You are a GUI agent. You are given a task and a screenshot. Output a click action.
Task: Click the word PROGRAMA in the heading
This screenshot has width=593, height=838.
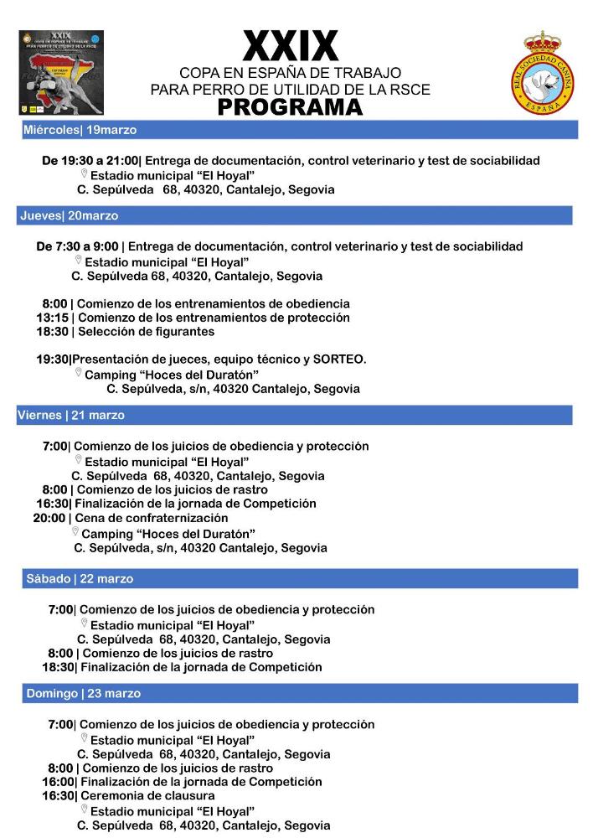coord(290,107)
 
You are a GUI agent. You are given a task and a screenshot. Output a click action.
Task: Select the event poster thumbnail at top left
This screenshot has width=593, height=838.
coord(62,74)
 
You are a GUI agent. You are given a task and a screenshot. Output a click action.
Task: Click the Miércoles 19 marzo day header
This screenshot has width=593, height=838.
coord(80,130)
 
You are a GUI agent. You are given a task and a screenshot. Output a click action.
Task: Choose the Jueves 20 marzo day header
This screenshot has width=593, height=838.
coord(69,215)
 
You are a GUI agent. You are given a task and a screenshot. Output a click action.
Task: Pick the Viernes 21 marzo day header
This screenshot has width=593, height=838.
coord(70,415)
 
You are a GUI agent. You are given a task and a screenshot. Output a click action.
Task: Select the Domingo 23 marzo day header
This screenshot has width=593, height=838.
coord(83,694)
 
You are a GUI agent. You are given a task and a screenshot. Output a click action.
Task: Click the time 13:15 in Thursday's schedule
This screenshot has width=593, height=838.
coord(52,318)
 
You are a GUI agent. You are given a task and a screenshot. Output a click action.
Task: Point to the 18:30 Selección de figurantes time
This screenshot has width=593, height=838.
coord(52,332)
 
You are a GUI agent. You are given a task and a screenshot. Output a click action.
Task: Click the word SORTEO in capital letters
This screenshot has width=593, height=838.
coord(338,359)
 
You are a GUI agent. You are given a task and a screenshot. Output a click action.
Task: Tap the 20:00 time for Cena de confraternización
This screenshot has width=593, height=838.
coord(49,518)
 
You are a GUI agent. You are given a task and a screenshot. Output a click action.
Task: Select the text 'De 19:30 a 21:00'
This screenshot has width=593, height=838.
coord(90,160)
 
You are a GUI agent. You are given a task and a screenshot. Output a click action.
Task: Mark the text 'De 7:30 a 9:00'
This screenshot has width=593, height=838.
coord(77,246)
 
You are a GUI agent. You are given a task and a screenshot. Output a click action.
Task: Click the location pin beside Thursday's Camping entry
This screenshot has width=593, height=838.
coord(78,373)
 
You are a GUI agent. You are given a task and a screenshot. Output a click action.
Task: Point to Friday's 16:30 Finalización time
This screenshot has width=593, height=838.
coord(52,504)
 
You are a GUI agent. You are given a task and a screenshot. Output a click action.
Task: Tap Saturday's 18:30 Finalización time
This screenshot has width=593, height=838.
coord(58,667)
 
